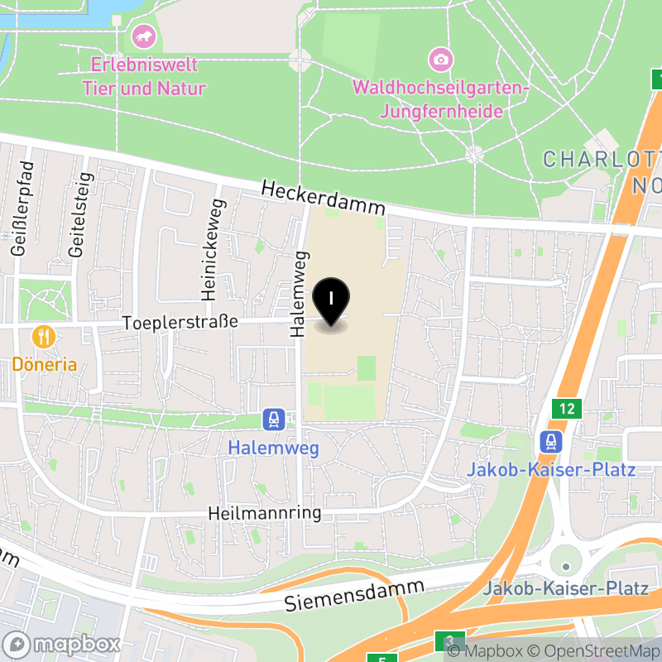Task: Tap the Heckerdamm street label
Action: coord(324,199)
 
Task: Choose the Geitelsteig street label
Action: coord(79,215)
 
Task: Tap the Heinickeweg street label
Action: coord(210,248)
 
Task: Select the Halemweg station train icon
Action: coord(271,420)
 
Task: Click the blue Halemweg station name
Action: coord(272,449)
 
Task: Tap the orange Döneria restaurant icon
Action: coord(43,337)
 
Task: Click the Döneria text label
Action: coord(44,364)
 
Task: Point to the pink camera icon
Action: coord(441,59)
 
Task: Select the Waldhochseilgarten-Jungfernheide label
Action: coord(441,98)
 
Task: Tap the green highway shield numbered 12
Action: coord(567,408)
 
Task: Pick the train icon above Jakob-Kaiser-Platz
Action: coord(550,442)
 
